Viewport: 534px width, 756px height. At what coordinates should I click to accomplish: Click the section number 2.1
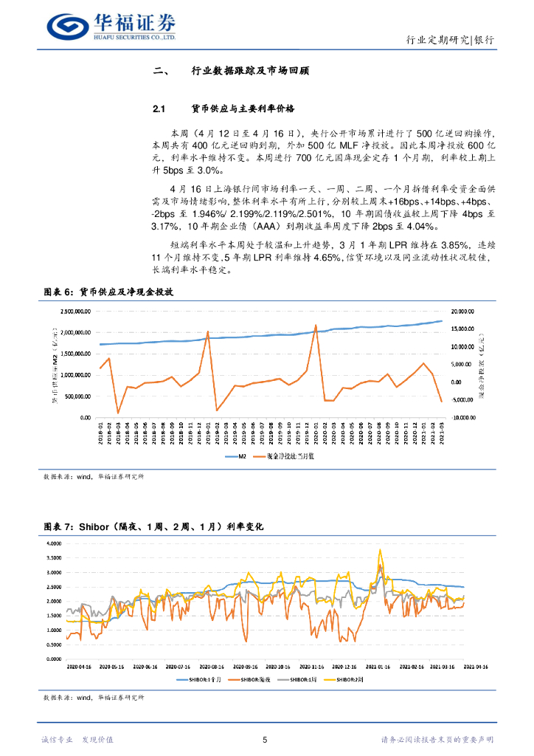(162, 109)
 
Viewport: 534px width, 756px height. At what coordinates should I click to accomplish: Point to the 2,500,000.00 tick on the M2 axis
(76, 312)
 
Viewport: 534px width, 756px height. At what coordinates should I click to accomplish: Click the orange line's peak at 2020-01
(316, 325)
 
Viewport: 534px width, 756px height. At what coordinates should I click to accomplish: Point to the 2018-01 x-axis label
(101, 430)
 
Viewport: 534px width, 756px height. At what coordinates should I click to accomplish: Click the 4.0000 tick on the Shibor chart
(55, 543)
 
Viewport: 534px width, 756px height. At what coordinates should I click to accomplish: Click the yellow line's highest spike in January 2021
(381, 549)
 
